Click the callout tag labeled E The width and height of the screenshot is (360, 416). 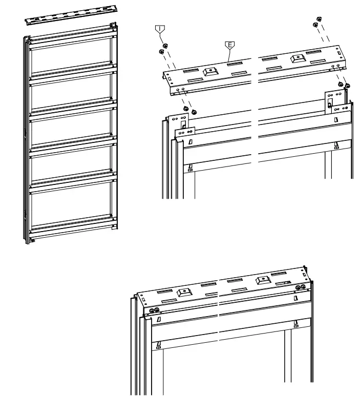(x=230, y=45)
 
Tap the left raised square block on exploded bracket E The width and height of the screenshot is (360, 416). (x=209, y=72)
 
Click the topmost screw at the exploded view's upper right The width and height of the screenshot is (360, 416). (x=319, y=18)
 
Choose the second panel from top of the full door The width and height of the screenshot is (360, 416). (x=71, y=93)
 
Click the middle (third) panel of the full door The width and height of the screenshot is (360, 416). (x=71, y=129)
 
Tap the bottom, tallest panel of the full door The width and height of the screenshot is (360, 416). (x=71, y=205)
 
